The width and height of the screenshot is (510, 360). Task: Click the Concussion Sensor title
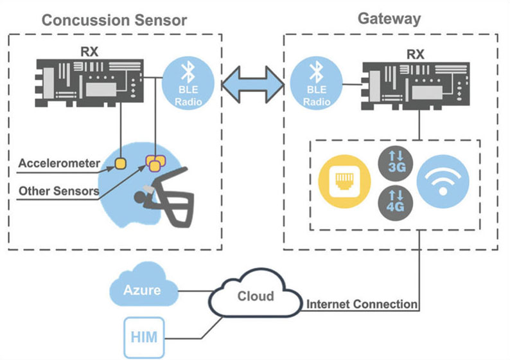[114, 20]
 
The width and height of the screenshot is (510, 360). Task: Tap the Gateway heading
[389, 19]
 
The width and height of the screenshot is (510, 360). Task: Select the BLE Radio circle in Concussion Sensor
[188, 83]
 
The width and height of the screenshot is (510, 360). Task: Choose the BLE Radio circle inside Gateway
[316, 83]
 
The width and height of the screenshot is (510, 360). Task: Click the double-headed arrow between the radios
[252, 85]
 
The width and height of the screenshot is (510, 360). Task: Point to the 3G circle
[396, 163]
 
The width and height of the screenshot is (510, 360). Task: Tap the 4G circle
[396, 203]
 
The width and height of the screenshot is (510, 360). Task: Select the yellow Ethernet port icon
[344, 181]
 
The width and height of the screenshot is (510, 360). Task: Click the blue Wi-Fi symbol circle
[443, 181]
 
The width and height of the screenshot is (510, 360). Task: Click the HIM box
[144, 337]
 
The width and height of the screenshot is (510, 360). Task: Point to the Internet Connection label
[362, 304]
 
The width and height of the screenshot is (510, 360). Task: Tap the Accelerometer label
[59, 163]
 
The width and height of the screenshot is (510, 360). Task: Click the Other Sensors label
[59, 191]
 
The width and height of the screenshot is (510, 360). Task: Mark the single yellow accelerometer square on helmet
[120, 163]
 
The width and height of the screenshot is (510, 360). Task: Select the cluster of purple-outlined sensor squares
[155, 163]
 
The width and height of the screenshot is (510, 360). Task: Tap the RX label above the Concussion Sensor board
[89, 52]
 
